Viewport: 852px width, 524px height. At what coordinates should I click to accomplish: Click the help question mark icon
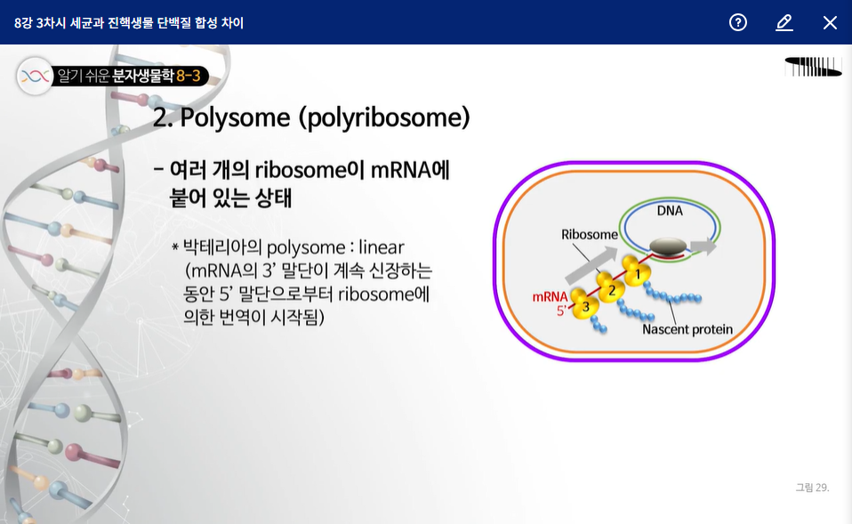738,22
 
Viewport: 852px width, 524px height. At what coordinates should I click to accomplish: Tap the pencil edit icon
784,22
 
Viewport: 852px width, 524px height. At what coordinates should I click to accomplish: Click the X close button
830,22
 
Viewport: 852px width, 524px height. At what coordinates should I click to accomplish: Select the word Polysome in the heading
235,117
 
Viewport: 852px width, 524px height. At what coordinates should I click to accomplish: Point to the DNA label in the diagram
670,211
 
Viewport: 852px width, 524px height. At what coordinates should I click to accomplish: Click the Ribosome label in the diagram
590,234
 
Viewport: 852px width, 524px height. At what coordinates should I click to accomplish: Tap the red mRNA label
550,297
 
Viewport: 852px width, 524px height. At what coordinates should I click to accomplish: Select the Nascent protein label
687,329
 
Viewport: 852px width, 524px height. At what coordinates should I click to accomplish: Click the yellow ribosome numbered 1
636,271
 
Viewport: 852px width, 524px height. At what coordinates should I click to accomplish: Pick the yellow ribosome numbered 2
611,288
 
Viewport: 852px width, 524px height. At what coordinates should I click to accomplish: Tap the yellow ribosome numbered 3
584,305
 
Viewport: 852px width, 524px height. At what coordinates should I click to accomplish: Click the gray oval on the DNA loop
668,246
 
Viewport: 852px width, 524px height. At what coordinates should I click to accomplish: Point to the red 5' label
561,310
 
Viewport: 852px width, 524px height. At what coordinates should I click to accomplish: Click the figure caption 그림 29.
812,488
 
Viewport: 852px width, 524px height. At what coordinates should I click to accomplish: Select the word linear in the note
381,248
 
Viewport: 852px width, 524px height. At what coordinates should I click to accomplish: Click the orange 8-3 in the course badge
188,76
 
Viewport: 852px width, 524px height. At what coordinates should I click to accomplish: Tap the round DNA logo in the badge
36,77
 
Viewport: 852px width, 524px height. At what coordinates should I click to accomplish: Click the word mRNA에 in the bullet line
410,170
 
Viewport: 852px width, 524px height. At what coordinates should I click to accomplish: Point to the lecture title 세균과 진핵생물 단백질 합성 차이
157,23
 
